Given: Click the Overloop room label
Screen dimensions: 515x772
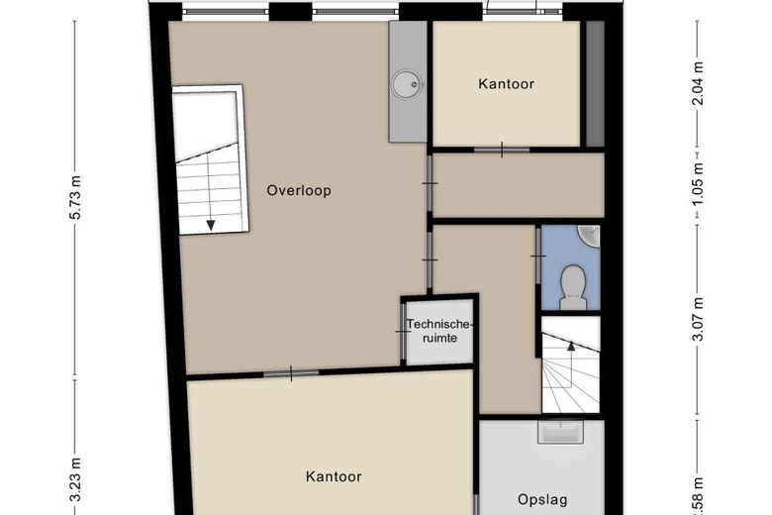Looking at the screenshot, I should [298, 191].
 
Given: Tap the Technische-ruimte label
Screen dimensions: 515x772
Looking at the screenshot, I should [440, 329].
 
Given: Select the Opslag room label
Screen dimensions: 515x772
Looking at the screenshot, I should [542, 500].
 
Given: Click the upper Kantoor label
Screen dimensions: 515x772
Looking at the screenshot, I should [506, 84].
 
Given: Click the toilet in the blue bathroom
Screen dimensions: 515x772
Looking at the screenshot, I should [571, 284].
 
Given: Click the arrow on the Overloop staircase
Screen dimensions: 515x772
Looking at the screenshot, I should [211, 223].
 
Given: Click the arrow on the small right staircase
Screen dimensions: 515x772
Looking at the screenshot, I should [570, 346].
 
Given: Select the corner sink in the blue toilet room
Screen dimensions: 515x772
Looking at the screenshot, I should [591, 235].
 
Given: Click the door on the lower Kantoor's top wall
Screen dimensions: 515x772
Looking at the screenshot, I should [292, 373].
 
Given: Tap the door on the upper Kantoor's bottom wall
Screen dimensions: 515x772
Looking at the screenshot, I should [501, 151].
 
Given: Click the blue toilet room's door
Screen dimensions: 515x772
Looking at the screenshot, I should [537, 257].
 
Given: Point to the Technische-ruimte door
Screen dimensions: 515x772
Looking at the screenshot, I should [403, 331].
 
